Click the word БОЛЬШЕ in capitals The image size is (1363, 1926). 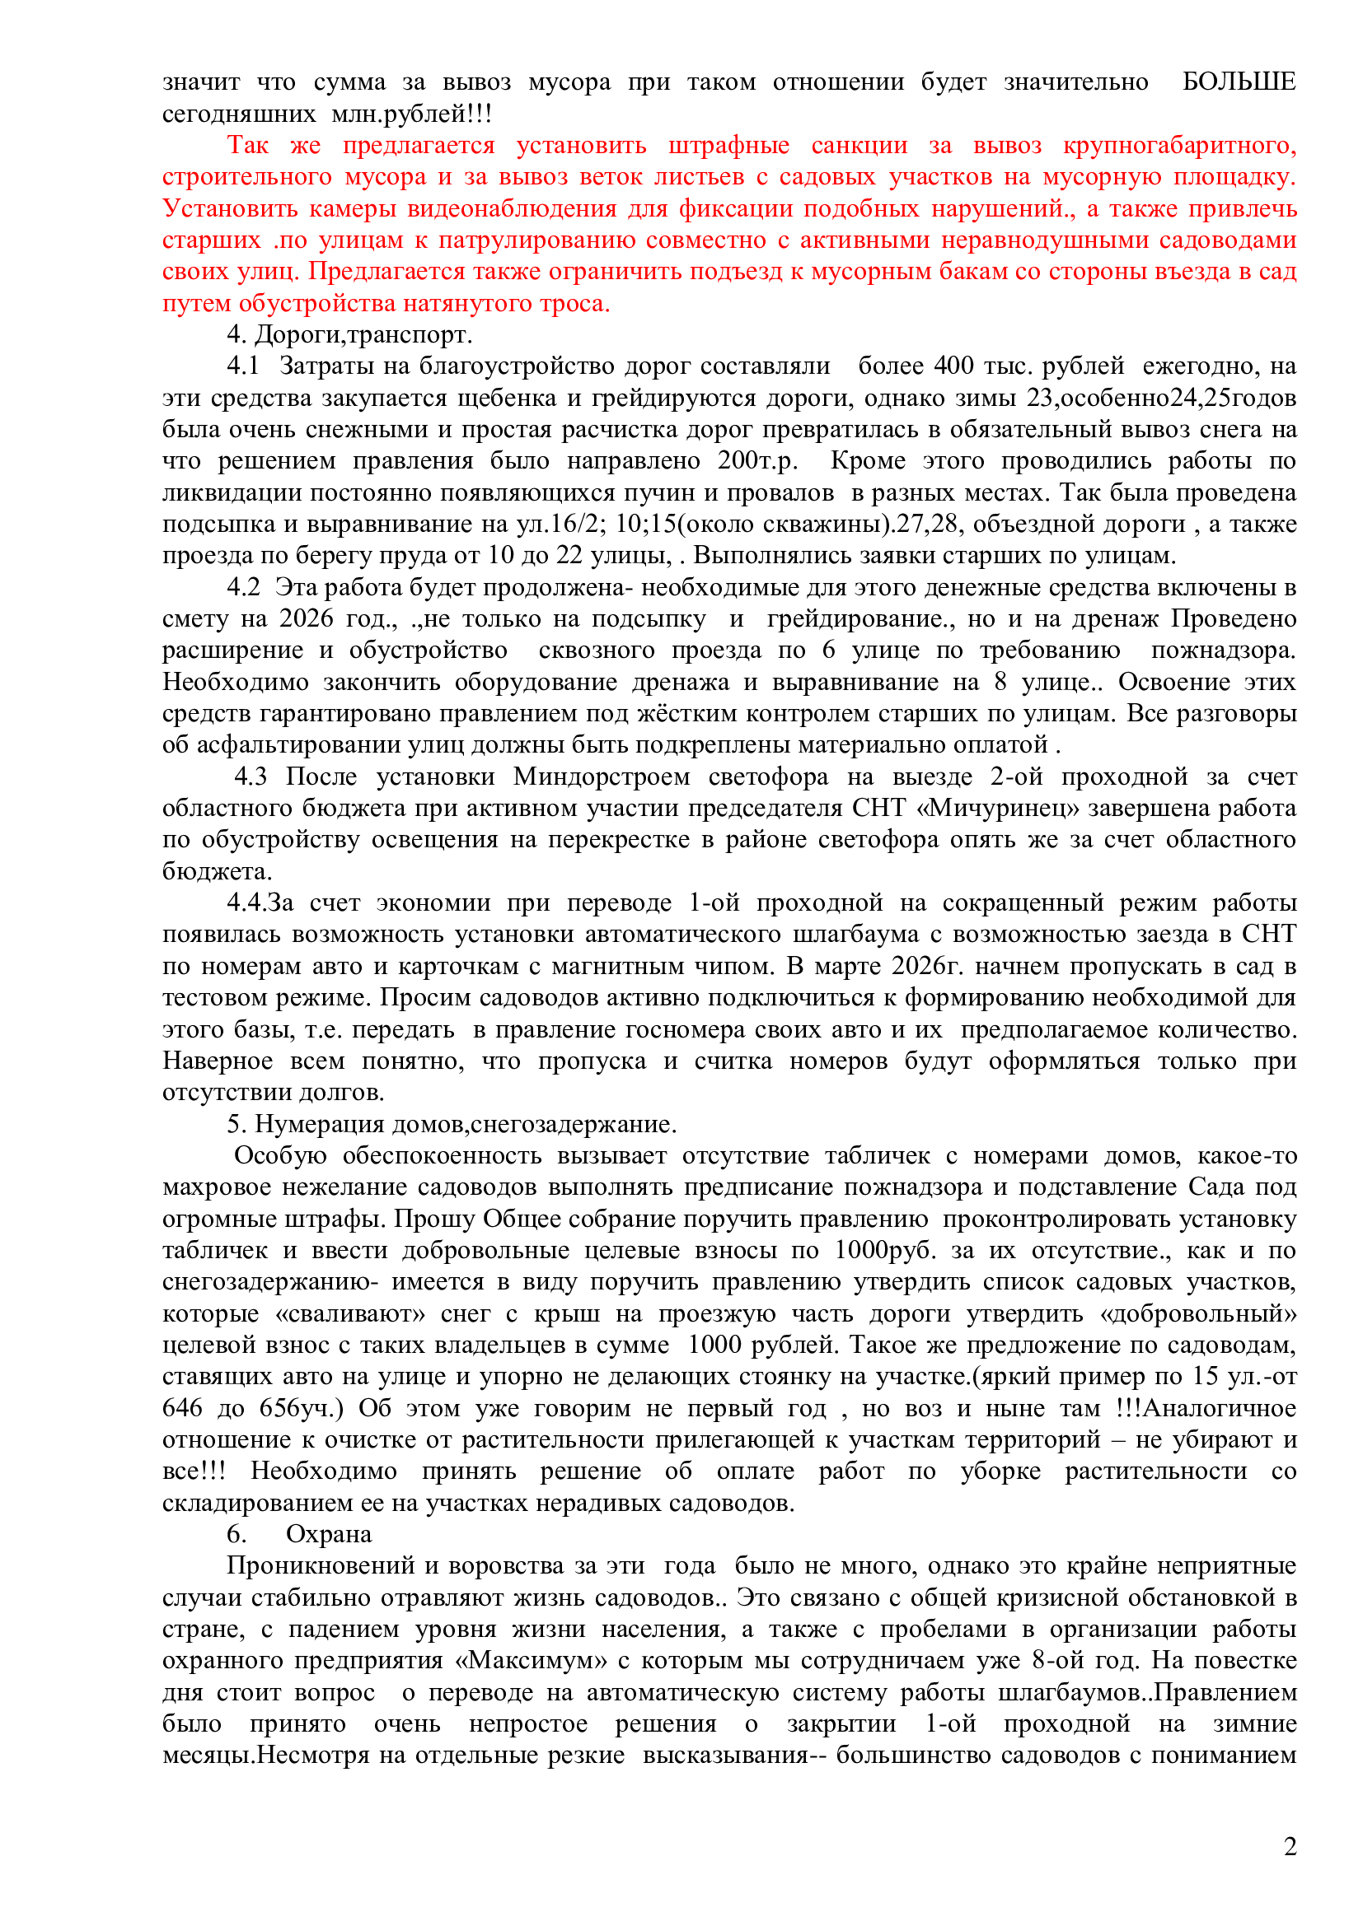click(1239, 82)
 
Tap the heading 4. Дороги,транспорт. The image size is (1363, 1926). click(349, 334)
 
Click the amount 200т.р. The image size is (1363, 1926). click(757, 460)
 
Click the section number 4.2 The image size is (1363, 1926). click(243, 587)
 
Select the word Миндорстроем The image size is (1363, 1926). click(601, 776)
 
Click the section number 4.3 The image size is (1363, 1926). click(251, 776)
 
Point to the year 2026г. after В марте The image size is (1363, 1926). click(926, 966)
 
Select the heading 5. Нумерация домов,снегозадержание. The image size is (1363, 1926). click(452, 1123)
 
